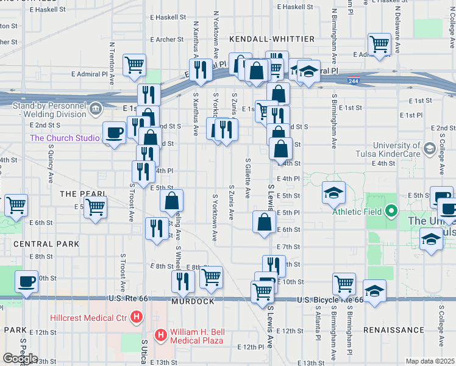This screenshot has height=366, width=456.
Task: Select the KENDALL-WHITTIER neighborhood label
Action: (x=272, y=39)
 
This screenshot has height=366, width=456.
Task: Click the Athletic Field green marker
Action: (x=392, y=212)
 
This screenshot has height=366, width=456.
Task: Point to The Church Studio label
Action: (x=65, y=138)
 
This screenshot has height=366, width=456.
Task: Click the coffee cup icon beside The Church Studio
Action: (x=114, y=132)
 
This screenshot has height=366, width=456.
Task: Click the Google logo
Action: (x=20, y=359)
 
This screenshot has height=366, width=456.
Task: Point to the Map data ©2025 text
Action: (x=430, y=361)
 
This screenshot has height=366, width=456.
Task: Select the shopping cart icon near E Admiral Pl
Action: (x=379, y=44)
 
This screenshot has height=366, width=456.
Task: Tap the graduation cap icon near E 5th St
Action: (x=333, y=193)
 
